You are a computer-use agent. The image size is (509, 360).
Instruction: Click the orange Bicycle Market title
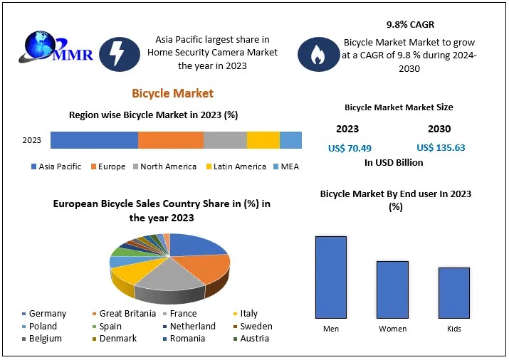(172, 93)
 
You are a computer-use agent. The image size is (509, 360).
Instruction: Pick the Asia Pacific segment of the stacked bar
(94, 140)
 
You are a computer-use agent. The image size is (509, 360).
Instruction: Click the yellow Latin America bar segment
(263, 140)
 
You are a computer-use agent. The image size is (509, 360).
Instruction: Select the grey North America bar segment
(225, 140)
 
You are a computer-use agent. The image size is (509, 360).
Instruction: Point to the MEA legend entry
(288, 166)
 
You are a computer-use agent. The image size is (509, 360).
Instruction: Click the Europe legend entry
(109, 166)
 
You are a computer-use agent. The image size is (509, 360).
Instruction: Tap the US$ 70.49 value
(350, 148)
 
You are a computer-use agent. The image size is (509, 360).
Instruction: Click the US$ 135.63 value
(441, 148)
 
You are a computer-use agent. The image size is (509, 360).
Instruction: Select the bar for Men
(331, 277)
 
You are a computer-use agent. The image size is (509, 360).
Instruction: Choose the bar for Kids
(453, 292)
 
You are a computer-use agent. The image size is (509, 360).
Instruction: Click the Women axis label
(392, 329)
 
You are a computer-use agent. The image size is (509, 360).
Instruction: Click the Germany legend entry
(44, 313)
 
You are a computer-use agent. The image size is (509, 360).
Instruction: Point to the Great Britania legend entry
(125, 313)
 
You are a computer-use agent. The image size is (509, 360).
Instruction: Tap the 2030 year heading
(439, 129)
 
